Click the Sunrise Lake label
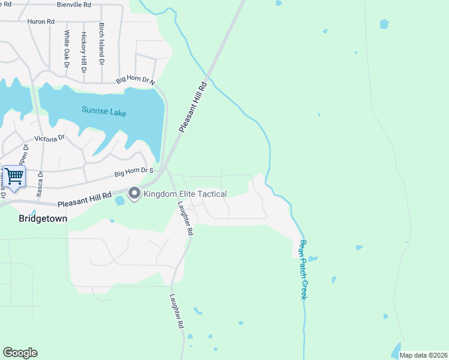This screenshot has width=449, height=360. (x=104, y=111)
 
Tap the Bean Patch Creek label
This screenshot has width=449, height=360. (x=303, y=270)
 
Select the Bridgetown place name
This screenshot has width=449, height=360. (x=43, y=218)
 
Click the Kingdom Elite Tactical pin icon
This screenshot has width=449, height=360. (x=134, y=193)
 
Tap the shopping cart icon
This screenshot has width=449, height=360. (x=14, y=176)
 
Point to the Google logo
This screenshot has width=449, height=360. (x=20, y=353)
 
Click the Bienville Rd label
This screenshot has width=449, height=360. (x=74, y=4)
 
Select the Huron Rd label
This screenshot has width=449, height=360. (x=41, y=22)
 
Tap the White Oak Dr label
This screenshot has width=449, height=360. (x=67, y=49)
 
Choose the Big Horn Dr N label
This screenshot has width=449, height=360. (x=135, y=80)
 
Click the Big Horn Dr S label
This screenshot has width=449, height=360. (x=134, y=173)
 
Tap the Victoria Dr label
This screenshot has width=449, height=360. (x=49, y=139)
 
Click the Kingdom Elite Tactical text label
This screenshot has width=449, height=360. (x=185, y=194)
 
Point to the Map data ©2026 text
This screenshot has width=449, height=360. (x=423, y=355)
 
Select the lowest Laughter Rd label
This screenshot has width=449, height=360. (x=175, y=311)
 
